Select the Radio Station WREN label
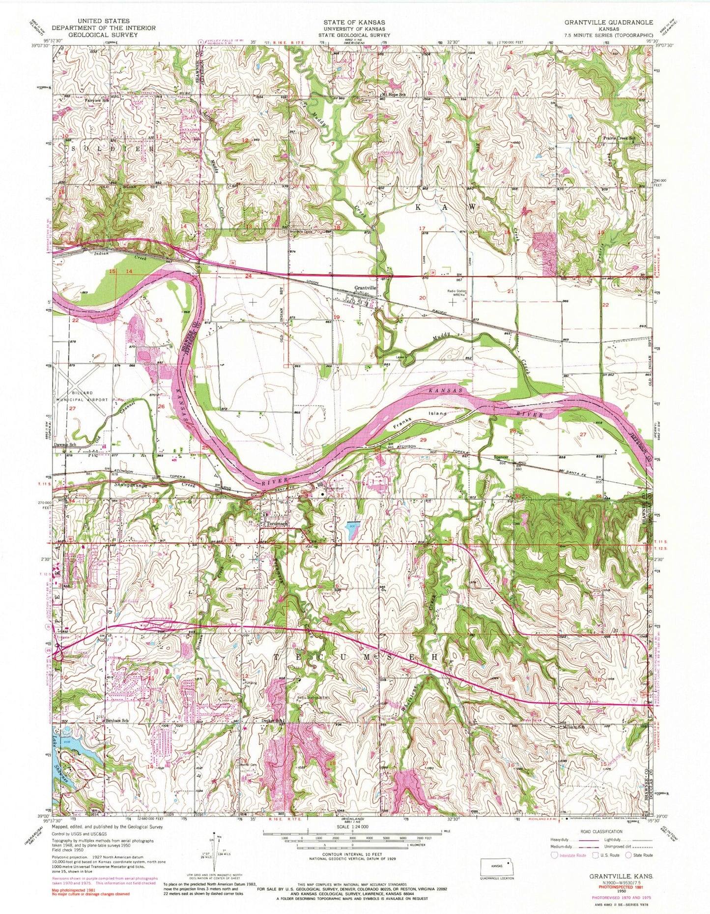[456, 293]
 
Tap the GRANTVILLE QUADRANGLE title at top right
[608, 23]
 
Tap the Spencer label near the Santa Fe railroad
[500, 457]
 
